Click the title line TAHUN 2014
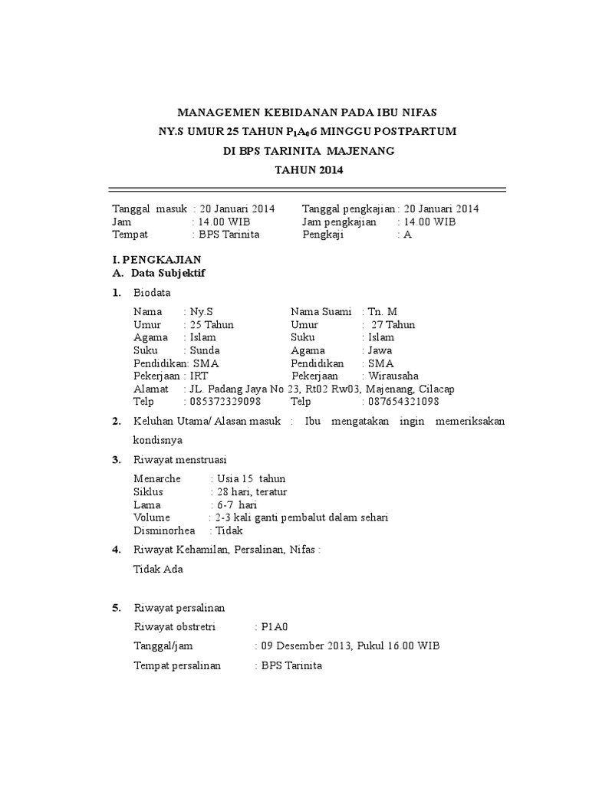[x=309, y=170]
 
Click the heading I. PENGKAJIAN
[x=156, y=260]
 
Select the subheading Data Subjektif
[x=168, y=272]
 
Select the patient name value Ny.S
[x=202, y=312]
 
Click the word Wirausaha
[x=393, y=376]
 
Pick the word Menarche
[x=157, y=479]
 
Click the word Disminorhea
[x=164, y=530]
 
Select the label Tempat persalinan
[x=177, y=665]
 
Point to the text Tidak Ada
[x=159, y=569]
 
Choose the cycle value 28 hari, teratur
[x=252, y=491]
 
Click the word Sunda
[x=205, y=350]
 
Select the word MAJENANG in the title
[x=361, y=151]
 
